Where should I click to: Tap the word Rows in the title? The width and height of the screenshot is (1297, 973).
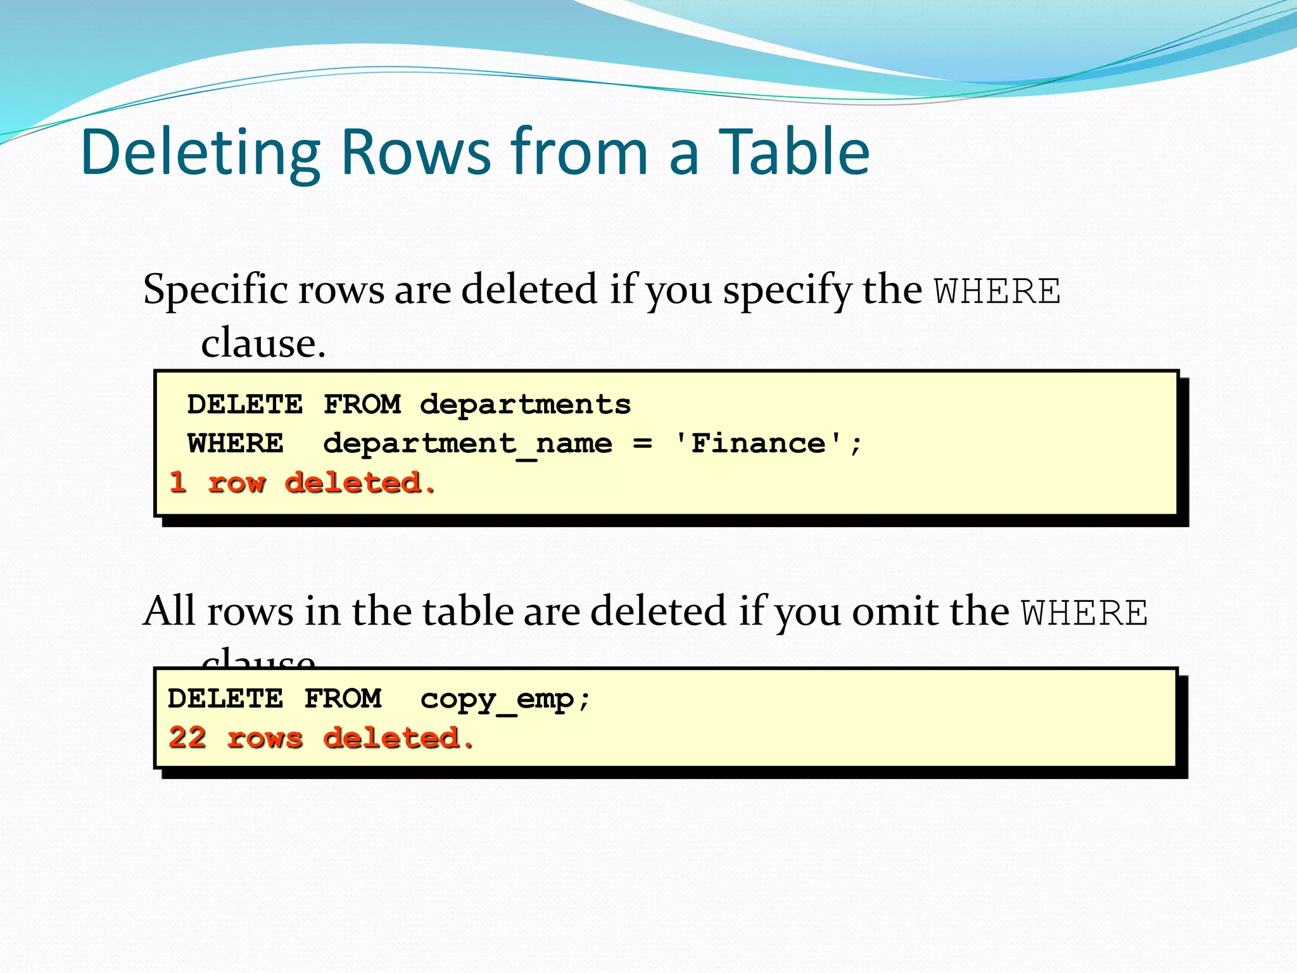coord(415,153)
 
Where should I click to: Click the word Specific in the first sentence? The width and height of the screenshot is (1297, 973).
coord(215,290)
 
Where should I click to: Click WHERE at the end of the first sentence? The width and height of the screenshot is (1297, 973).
coord(997,292)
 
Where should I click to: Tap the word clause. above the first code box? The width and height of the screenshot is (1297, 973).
coord(263,343)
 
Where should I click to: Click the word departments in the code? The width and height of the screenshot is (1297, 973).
coord(525,404)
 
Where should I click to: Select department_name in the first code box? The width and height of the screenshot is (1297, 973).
coord(467,443)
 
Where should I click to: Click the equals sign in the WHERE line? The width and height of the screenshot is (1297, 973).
coord(642,443)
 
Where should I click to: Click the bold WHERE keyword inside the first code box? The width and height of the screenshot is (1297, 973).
coord(235,443)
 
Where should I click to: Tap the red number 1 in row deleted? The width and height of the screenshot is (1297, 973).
coord(178,483)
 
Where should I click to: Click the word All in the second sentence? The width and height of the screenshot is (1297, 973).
coord(169,611)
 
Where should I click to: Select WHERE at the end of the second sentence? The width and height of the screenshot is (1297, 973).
coord(1085,613)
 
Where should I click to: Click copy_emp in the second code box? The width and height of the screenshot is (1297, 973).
coord(497,699)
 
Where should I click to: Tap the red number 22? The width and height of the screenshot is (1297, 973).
coord(187,738)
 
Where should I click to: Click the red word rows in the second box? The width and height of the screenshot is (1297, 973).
coord(265,739)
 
